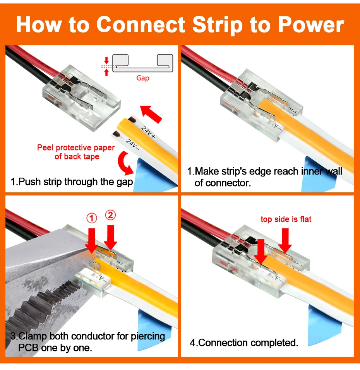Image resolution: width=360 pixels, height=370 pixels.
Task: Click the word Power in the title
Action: point(311,25)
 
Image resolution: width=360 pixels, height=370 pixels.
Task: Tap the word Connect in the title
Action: point(141,24)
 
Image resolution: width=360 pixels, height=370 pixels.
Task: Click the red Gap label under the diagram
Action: point(143,78)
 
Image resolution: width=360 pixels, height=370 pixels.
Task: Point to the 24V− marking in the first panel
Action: point(132,145)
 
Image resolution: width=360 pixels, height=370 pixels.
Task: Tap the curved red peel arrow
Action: point(125,163)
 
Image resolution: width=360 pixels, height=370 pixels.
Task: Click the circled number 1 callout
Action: point(92,218)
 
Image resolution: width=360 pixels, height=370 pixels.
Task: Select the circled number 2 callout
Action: point(110,215)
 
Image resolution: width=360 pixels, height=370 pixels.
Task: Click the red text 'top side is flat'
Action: point(286,219)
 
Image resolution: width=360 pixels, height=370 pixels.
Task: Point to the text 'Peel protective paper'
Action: point(76,148)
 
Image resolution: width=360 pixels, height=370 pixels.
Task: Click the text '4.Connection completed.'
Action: point(244,343)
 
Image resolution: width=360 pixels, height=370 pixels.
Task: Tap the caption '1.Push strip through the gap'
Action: point(72,182)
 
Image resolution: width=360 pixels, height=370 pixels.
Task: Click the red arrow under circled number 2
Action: point(110,238)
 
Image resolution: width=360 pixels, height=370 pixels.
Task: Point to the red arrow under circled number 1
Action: point(92,241)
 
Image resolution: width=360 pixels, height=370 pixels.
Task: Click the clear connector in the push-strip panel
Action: point(81,98)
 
